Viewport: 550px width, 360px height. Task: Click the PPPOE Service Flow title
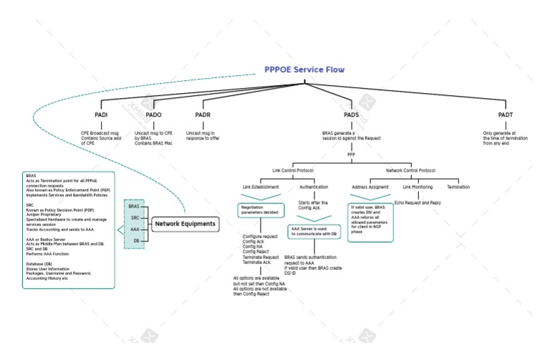tap(304, 70)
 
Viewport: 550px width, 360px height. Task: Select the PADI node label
tap(101, 115)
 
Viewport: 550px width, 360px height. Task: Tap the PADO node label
tap(153, 115)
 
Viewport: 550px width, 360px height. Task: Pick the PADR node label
tap(203, 115)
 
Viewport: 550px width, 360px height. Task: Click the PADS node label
tap(351, 115)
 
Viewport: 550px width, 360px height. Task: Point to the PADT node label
tap(506, 115)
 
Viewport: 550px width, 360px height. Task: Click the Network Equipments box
tap(185, 224)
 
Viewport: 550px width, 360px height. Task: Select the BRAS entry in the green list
tap(134, 206)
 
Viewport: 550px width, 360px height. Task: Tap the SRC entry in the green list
tap(135, 218)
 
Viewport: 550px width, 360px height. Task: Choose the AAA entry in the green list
tap(135, 229)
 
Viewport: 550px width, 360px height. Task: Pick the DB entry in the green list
tap(136, 241)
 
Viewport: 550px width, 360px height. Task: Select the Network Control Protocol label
tap(410, 171)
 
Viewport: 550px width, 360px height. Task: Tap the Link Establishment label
tap(261, 187)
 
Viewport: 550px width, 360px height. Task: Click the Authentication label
tap(314, 187)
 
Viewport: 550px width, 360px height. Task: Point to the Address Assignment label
tap(370, 187)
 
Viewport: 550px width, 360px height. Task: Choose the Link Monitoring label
tap(417, 187)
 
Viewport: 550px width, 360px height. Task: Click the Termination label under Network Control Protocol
tap(458, 187)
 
